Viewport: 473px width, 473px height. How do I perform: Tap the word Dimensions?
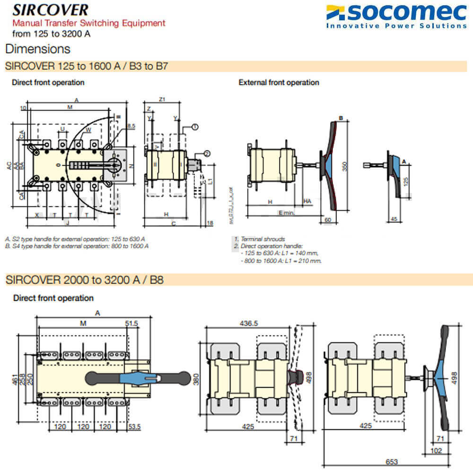click(38, 49)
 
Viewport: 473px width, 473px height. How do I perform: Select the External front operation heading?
click(279, 82)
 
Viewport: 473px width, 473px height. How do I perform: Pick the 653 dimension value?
click(391, 462)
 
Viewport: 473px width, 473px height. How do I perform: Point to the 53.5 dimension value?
click(135, 427)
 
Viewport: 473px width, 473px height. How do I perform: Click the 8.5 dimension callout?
click(132, 126)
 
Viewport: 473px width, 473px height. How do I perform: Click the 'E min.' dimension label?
click(287, 213)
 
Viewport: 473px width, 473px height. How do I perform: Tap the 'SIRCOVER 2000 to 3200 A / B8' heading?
click(85, 280)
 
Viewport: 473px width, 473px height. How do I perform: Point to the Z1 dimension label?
click(162, 99)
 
